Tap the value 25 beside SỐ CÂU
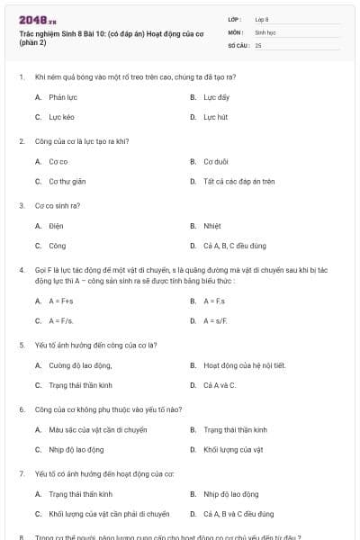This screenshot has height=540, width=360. click(258, 44)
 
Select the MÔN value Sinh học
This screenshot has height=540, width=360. click(264, 31)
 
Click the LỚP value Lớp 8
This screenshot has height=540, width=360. click(262, 18)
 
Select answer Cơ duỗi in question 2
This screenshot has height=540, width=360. click(215, 161)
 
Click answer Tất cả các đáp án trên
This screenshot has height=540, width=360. click(238, 182)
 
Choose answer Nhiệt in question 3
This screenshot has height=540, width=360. click(211, 226)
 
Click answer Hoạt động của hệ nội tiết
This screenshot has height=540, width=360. click(244, 364)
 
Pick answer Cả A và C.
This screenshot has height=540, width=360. click(220, 385)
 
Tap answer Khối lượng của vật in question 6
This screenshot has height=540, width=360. click(232, 450)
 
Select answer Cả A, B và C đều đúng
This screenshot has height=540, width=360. click(238, 515)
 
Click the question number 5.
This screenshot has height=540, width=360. click(22, 345)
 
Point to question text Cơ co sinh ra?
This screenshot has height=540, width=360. click(58, 205)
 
